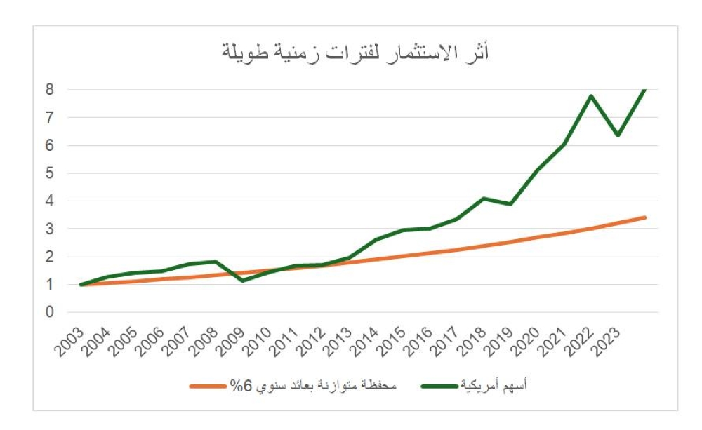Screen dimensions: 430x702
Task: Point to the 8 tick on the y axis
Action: click(50, 90)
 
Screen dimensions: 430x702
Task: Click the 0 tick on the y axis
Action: click(50, 312)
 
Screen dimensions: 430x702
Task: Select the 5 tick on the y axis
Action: click(50, 173)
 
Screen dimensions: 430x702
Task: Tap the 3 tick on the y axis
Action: click(50, 229)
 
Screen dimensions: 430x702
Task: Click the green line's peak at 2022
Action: click(591, 96)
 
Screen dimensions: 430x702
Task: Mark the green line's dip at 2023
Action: click(618, 135)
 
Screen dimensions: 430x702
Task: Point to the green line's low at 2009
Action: click(242, 281)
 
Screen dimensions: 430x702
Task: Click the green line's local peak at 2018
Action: click(484, 199)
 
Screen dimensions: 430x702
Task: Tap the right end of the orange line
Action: click(644, 217)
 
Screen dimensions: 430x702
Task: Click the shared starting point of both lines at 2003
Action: click(81, 285)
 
